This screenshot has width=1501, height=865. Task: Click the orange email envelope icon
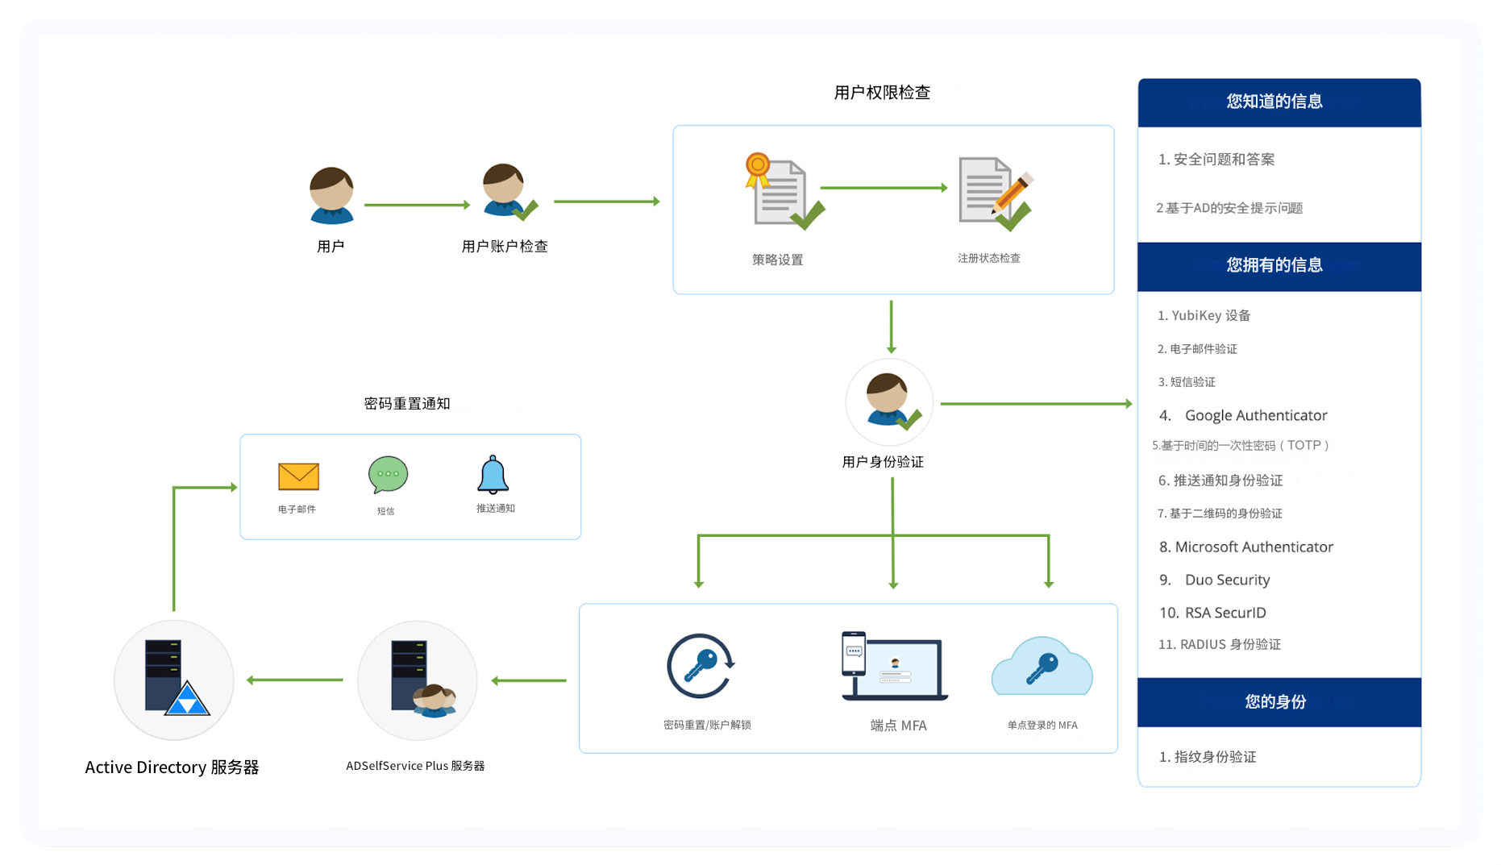298,476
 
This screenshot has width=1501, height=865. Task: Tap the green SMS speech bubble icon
388,475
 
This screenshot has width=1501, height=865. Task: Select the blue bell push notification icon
493,475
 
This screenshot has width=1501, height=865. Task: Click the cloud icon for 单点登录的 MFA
1042,667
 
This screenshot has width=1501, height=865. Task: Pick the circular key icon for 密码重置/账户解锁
700,666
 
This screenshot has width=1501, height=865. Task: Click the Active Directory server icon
175,679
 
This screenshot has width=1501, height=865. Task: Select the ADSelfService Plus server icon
418,679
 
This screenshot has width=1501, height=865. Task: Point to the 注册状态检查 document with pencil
993,193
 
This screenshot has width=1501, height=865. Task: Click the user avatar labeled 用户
331,196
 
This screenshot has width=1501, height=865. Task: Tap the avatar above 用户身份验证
889,401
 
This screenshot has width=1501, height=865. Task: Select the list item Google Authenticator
1255,415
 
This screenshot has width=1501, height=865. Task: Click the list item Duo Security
1226,580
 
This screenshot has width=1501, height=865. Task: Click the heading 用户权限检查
882,93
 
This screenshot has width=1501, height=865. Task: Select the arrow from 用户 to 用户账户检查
416,205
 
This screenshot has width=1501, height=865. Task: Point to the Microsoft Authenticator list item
1254,547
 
